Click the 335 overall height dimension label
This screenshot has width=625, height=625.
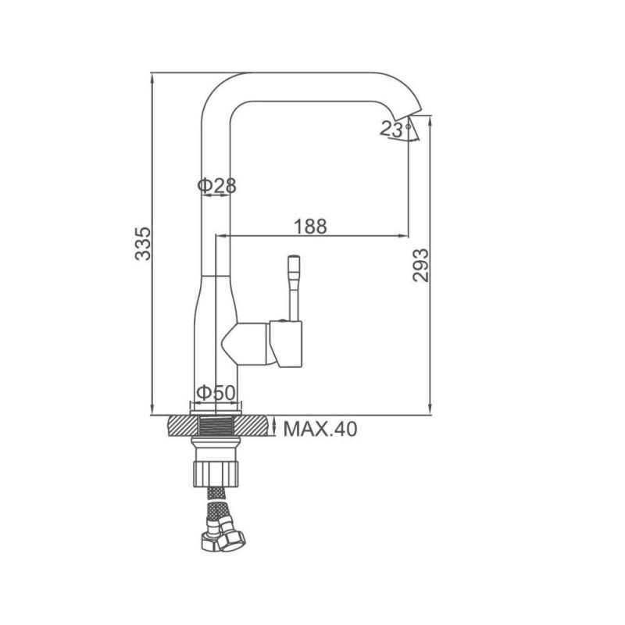pyautogui.click(x=143, y=244)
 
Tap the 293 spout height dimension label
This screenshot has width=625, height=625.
pyautogui.click(x=420, y=265)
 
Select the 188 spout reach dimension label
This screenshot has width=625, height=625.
pyautogui.click(x=310, y=227)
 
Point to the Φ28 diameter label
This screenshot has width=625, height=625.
pyautogui.click(x=217, y=185)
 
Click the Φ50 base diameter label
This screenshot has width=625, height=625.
pyautogui.click(x=216, y=393)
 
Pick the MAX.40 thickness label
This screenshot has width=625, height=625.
pyautogui.click(x=320, y=429)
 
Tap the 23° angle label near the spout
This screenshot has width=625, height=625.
pyautogui.click(x=395, y=129)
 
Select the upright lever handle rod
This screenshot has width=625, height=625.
pyautogui.click(x=295, y=287)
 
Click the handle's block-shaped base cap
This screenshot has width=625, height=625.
pyautogui.click(x=286, y=343)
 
